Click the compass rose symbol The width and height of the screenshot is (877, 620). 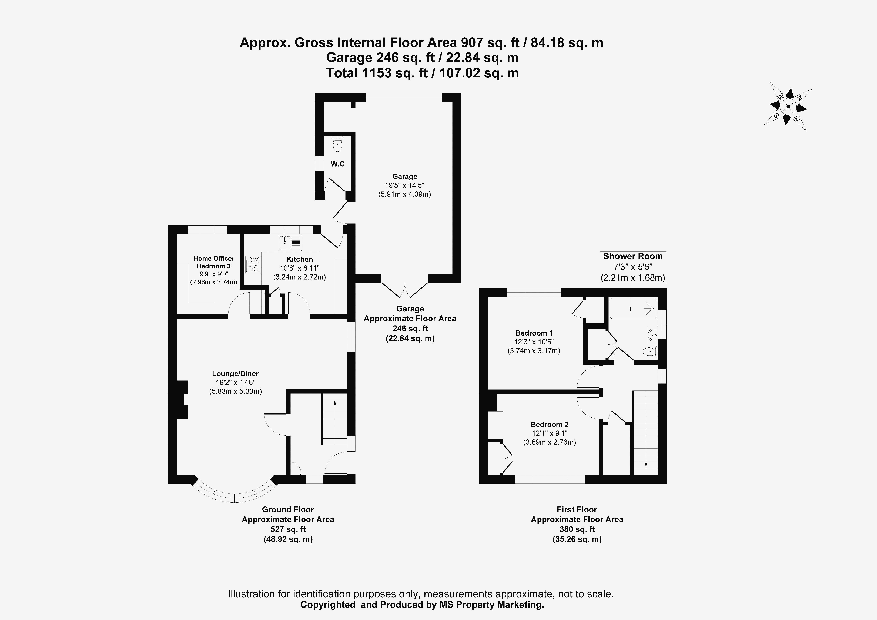coord(788,107)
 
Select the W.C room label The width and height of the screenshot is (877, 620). coord(337,164)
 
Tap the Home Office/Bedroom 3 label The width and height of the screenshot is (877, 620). coord(213,262)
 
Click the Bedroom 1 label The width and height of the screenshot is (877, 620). coord(534,333)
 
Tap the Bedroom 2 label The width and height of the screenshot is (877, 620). coord(549,424)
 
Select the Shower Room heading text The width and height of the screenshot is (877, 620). coord(632,257)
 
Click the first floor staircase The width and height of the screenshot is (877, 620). coord(645,432)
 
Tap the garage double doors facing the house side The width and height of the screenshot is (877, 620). coord(405,290)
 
